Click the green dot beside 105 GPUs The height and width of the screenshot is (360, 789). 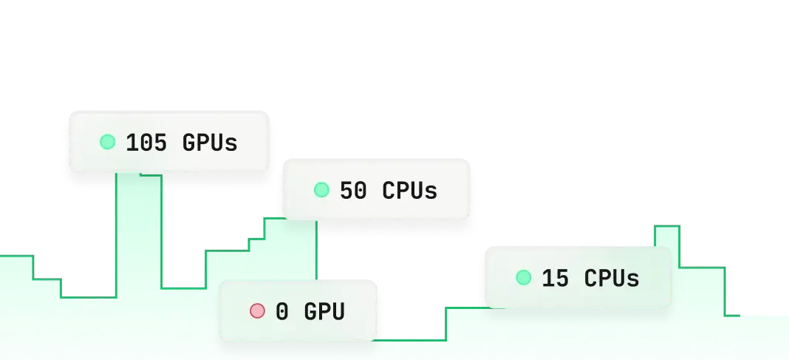click(x=107, y=142)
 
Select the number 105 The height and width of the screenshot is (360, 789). click(x=146, y=143)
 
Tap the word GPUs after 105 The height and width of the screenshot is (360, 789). click(x=209, y=143)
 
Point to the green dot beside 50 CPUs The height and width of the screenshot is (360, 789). click(x=321, y=190)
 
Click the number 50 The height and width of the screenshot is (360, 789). click(x=353, y=191)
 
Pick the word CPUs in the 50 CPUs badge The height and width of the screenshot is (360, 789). click(x=409, y=191)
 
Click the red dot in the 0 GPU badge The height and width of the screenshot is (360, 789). click(x=257, y=311)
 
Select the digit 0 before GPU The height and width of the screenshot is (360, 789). click(x=282, y=312)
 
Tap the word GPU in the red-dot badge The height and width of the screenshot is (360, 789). click(x=324, y=312)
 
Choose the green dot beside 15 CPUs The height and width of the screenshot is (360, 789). click(x=523, y=277)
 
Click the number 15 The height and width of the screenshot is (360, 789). click(x=556, y=279)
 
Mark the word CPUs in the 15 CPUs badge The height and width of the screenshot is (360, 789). click(x=612, y=279)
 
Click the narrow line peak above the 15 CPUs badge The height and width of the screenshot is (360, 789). click(x=667, y=226)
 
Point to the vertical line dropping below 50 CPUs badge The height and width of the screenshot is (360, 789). click(x=316, y=250)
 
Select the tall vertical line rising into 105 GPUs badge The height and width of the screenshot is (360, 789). click(x=116, y=235)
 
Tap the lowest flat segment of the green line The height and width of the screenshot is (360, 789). click(x=409, y=340)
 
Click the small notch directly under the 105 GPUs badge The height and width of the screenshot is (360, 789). click(x=151, y=175)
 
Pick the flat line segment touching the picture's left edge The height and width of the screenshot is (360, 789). click(x=16, y=257)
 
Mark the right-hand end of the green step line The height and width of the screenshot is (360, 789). click(x=740, y=316)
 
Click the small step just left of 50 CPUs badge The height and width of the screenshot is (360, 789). click(x=256, y=240)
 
